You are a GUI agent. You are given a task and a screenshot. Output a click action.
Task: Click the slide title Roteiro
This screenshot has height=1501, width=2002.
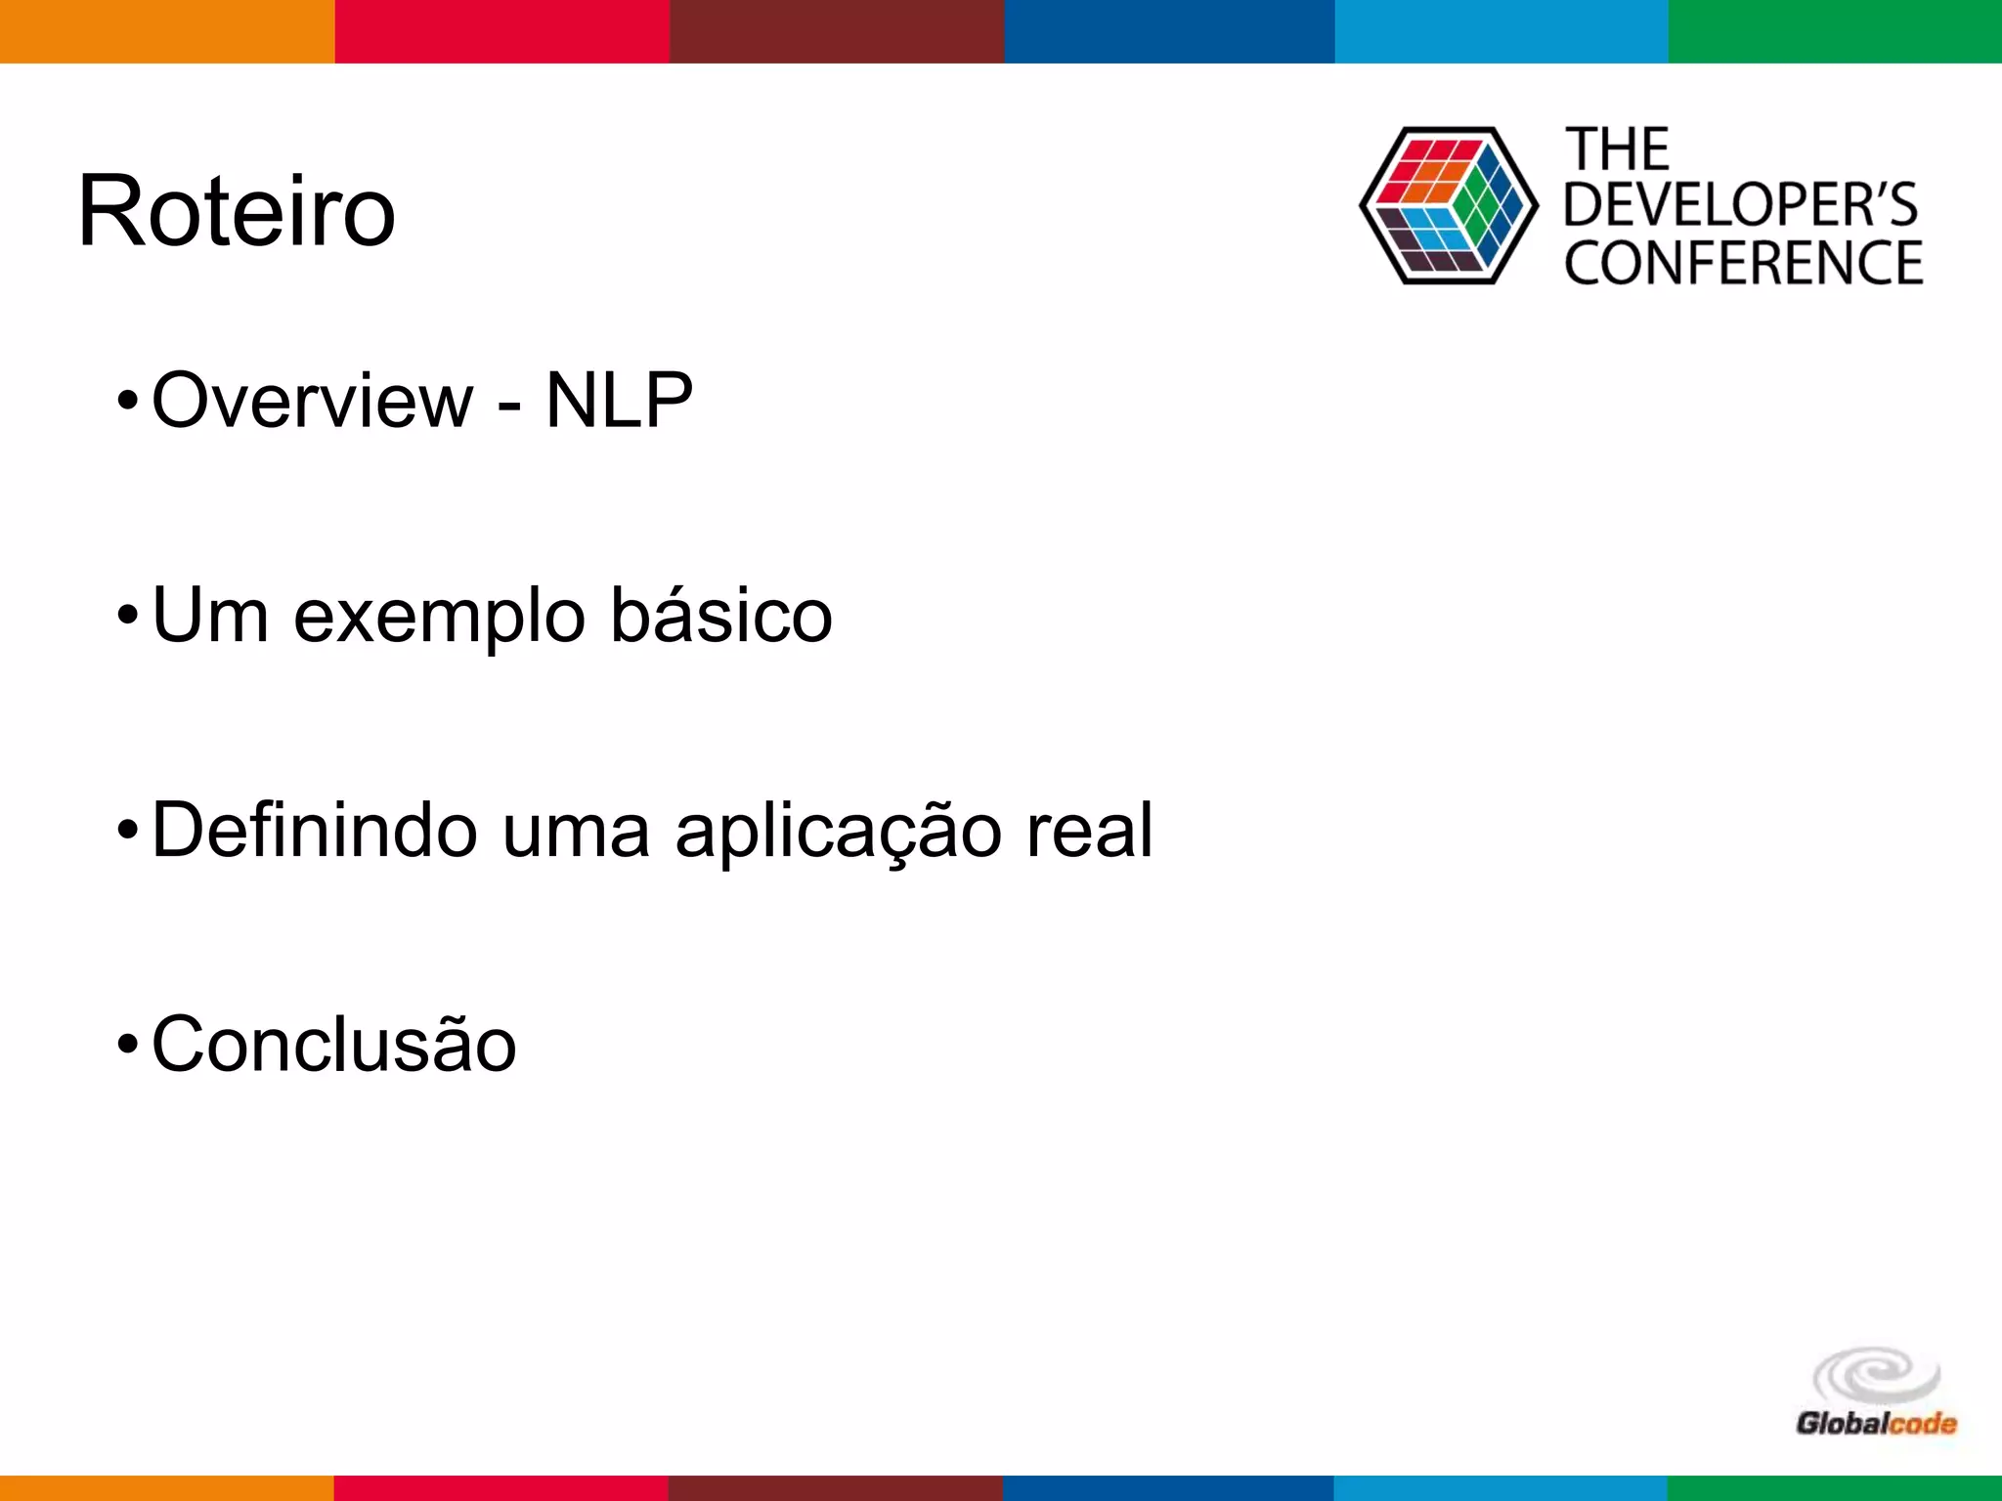pos(237,211)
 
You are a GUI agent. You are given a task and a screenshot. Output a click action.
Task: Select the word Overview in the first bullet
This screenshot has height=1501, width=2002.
pos(312,400)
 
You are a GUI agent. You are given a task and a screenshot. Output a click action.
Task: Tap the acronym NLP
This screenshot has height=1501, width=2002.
pos(619,400)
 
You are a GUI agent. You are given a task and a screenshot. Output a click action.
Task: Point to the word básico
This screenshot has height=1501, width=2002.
pos(721,616)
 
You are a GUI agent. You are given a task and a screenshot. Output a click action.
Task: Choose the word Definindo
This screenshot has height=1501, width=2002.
pos(315,830)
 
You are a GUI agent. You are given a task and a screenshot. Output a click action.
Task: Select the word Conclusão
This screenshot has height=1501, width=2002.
pos(333,1044)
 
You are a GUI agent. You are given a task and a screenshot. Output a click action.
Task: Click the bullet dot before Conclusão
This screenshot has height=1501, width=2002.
pos(127,1045)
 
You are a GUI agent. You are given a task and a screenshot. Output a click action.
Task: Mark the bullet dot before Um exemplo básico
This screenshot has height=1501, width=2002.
pos(127,617)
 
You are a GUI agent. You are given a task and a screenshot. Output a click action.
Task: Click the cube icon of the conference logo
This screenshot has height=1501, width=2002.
pos(1448,205)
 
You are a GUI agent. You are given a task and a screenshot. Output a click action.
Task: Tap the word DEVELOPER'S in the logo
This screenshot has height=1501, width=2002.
pos(1741,204)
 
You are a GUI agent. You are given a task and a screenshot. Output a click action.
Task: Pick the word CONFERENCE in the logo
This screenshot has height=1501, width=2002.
pos(1743,263)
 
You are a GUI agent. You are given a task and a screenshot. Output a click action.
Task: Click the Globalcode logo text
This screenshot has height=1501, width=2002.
pos(1875,1423)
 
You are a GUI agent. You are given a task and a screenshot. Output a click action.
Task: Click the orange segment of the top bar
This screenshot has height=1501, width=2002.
pos(167,31)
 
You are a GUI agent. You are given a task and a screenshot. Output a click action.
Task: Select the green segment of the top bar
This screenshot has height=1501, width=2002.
pos(1835,31)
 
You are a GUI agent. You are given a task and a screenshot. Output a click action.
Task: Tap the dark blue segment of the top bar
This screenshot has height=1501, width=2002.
pos(1169,31)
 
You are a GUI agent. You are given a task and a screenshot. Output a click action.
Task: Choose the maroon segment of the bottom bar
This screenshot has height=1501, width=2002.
pos(836,1488)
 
